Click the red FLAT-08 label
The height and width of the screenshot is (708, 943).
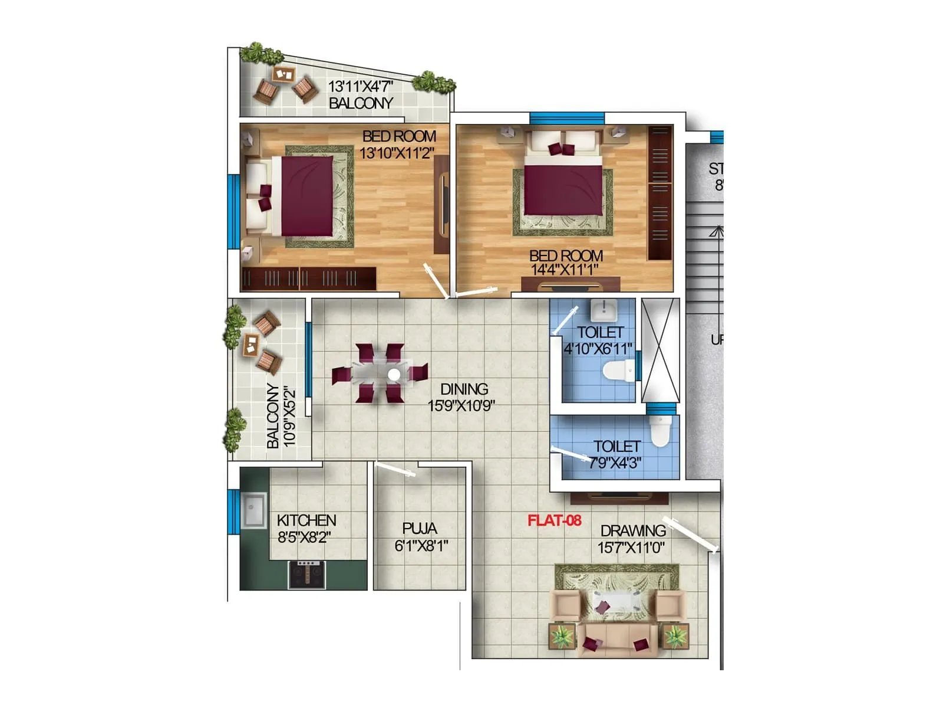(x=554, y=520)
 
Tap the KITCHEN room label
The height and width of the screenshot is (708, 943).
(x=306, y=520)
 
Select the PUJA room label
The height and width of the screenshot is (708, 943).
(x=420, y=528)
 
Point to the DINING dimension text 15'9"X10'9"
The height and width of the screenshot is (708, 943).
(x=461, y=406)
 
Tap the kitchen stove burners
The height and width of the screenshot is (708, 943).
(x=306, y=573)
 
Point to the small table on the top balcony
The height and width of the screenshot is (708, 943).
(x=283, y=74)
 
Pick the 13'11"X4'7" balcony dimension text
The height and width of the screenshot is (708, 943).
(x=360, y=86)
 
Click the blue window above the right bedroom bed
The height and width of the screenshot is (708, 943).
(x=566, y=119)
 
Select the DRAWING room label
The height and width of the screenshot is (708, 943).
(x=633, y=530)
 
